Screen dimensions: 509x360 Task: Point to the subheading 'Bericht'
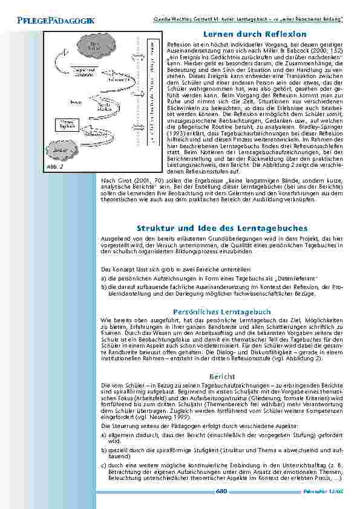pos(217,375)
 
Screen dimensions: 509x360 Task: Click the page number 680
pos(221,491)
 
